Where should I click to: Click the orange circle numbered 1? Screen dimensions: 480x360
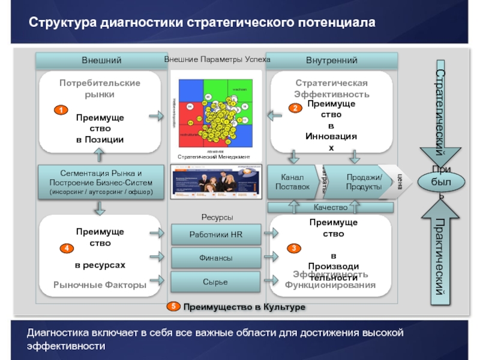[x=61, y=110]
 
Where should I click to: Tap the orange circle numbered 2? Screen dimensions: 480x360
[x=295, y=109]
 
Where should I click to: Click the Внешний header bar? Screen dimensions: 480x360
[x=101, y=60]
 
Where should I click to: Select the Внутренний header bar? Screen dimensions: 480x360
[x=332, y=60]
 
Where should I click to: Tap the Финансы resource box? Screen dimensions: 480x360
[x=215, y=258]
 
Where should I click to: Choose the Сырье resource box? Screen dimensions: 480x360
[x=215, y=281]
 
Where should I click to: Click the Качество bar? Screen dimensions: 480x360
[x=331, y=207]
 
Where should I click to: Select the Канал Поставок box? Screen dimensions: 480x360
[x=292, y=182]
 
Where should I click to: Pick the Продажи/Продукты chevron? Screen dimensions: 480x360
[x=364, y=182]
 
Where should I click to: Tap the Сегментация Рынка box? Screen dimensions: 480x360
[x=101, y=182]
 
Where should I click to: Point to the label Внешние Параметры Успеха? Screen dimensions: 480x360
[x=217, y=60]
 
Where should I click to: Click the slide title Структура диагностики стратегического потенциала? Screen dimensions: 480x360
[x=202, y=23]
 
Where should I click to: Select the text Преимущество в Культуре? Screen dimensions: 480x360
[x=244, y=307]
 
